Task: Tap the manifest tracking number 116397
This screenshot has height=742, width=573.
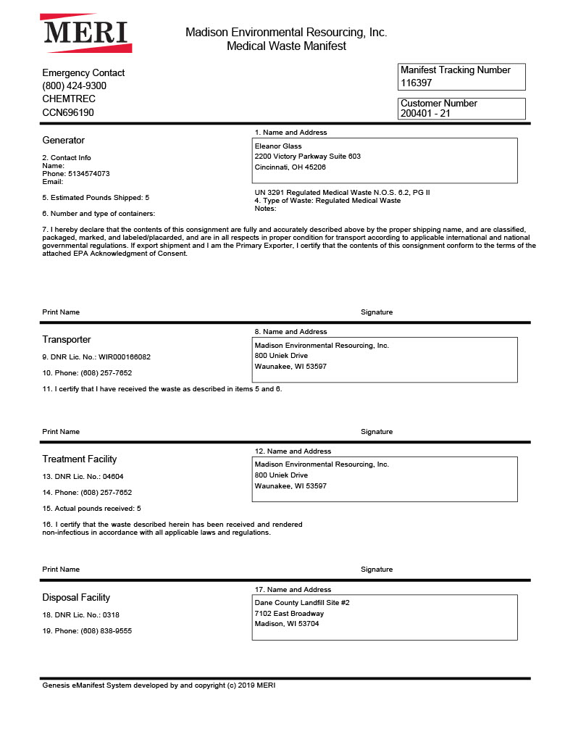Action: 417,83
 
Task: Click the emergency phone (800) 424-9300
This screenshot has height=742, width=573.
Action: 75,86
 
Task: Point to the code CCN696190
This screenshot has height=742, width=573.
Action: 68,112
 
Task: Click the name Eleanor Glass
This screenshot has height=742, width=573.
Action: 278,146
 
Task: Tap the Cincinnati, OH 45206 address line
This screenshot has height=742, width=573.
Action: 290,167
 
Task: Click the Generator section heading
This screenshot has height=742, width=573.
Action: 63,140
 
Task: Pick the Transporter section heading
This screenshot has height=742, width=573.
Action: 67,339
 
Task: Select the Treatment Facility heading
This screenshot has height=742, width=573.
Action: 80,459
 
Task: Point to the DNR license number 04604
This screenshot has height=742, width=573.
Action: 112,477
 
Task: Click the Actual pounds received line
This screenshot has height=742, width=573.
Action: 91,509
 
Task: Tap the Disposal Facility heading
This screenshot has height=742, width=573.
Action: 76,597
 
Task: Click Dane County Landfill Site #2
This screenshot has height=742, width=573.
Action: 302,603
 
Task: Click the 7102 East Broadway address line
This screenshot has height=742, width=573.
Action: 289,614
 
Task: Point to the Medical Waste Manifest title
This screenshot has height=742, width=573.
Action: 286,46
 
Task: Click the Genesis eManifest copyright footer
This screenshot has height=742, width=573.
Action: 159,685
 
